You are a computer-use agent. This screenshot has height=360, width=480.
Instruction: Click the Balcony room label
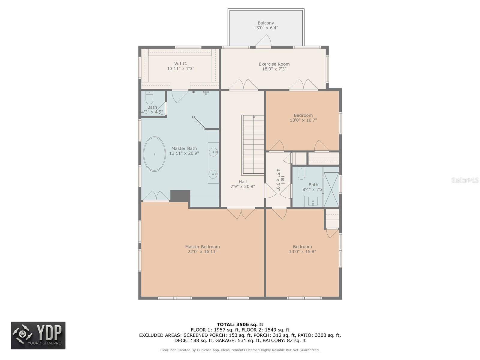coord(266,23)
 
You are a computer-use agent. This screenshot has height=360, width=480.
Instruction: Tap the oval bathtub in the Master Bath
coord(154,154)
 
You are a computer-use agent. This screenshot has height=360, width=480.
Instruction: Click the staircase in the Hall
coord(253,145)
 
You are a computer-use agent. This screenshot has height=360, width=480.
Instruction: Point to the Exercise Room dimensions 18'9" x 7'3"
coord(274,69)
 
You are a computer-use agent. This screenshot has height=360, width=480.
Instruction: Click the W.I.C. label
coord(181,64)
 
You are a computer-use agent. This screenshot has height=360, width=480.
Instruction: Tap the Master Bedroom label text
coord(202,247)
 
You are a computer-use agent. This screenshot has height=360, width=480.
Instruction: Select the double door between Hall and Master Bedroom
coord(241,213)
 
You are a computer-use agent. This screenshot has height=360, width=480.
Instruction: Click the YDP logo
coord(38,335)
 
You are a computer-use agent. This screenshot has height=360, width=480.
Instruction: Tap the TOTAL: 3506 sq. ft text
coord(240,324)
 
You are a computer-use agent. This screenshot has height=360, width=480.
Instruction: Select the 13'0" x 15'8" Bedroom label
coord(302,249)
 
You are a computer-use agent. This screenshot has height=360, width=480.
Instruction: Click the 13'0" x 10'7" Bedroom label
coord(303,118)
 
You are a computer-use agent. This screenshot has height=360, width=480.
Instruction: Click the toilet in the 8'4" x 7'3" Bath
coord(301,173)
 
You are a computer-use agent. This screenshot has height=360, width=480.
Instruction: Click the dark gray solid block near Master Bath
coord(180,196)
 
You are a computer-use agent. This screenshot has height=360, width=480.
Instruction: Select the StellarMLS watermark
coord(465,180)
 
